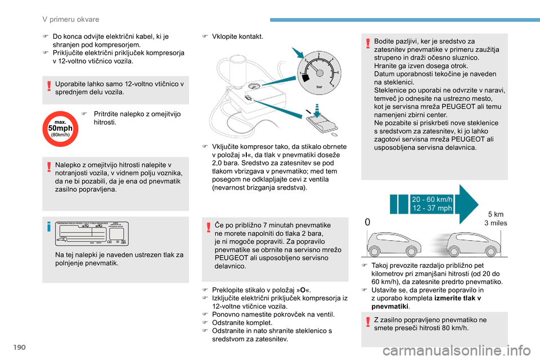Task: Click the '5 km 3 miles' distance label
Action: click(496, 218)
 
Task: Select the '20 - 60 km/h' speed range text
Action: click(432, 200)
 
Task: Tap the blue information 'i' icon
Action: click(50, 227)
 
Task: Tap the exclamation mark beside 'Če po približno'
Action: click(208, 227)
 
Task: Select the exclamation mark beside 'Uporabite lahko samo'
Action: click(50, 85)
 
